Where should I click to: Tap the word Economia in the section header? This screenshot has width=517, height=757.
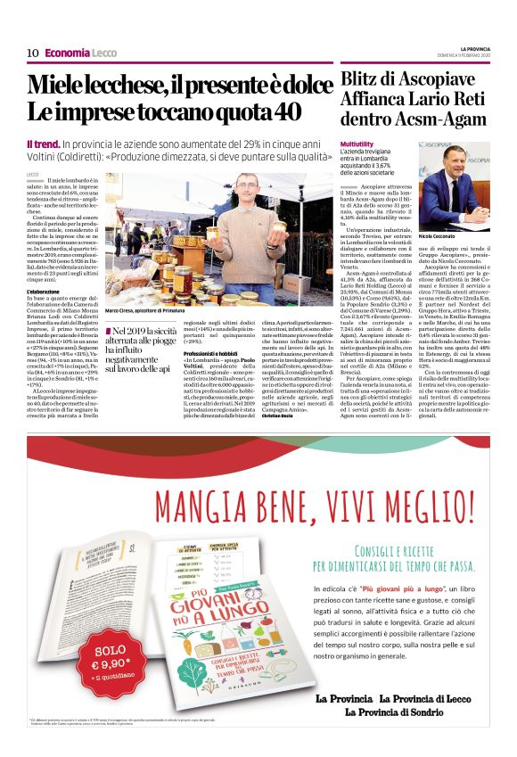[x=67, y=53]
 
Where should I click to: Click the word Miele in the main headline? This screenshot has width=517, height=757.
[x=60, y=86]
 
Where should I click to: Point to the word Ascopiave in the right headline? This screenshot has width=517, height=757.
[x=431, y=78]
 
